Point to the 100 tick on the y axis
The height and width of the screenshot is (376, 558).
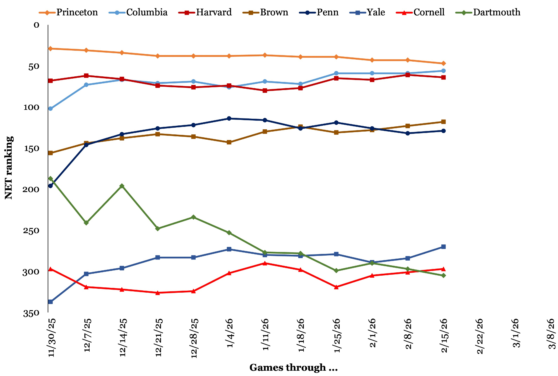[31, 107]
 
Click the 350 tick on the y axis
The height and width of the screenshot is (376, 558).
[31, 314]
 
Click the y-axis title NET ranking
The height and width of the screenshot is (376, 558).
[9, 168]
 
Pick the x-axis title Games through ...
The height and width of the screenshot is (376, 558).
[294, 368]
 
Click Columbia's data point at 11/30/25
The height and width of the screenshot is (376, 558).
[50, 108]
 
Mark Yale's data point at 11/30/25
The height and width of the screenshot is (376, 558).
[50, 302]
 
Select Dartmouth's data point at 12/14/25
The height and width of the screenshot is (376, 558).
[122, 186]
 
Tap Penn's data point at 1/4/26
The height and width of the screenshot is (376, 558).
[229, 118]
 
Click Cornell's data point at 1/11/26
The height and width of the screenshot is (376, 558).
[265, 263]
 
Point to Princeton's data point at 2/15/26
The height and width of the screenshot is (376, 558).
[444, 64]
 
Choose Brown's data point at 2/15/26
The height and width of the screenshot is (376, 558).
[444, 122]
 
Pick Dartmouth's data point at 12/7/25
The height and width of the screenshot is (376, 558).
[86, 223]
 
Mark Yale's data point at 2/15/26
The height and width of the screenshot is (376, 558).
[444, 247]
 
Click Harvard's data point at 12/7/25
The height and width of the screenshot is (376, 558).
[86, 76]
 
